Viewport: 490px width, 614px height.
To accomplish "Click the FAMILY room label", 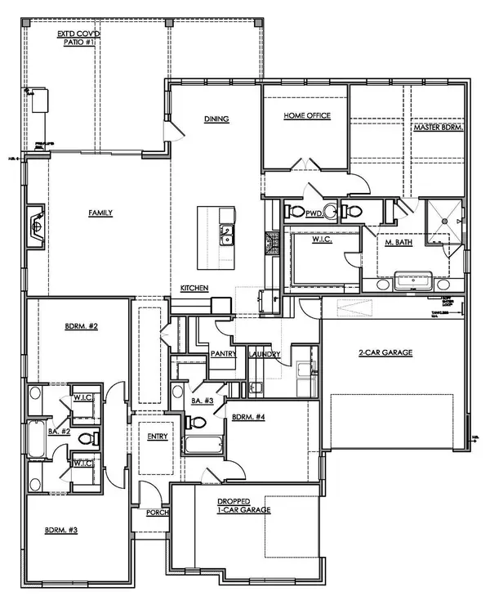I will [100, 213].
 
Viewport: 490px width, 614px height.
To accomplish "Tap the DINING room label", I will [216, 119].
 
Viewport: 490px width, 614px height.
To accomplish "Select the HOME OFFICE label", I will [306, 116].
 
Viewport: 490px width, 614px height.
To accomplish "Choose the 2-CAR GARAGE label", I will [385, 352].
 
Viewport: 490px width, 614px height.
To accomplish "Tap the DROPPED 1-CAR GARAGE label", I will [244, 504].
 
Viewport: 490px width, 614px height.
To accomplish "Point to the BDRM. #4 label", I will [247, 417].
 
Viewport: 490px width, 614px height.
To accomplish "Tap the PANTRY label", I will [223, 354].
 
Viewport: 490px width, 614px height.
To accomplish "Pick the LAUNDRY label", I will [265, 354].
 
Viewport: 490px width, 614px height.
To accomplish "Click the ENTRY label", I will [157, 437].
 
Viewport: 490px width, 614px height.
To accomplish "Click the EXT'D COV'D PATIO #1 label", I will [78, 38].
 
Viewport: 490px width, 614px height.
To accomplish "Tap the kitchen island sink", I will [225, 237].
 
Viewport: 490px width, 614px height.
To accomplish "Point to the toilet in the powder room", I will [329, 213].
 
